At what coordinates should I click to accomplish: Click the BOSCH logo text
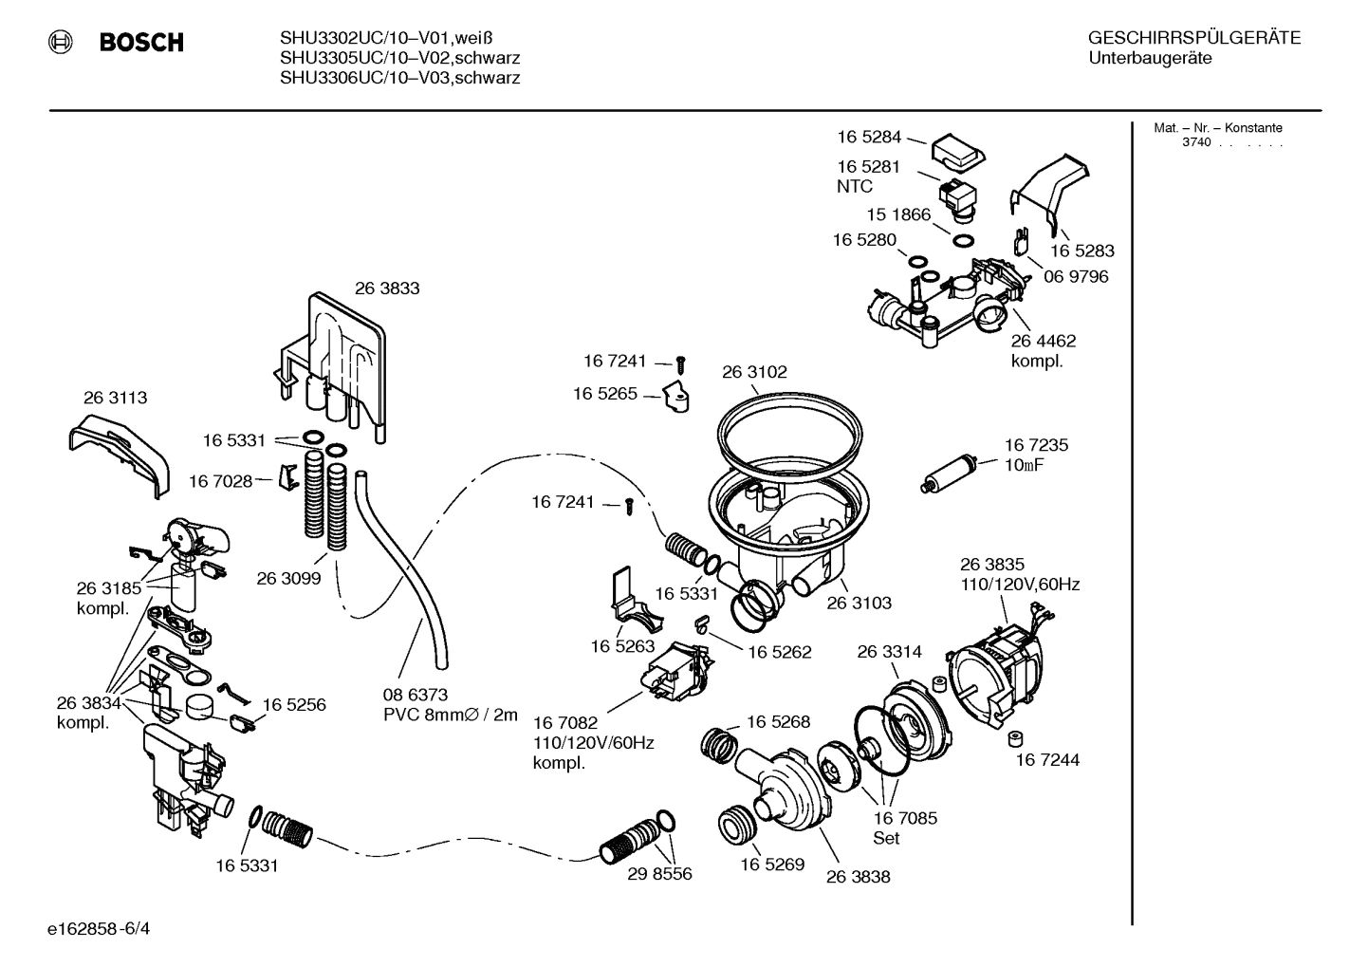point(140,43)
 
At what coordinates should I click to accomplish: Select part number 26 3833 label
point(387,288)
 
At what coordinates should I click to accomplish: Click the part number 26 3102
point(754,372)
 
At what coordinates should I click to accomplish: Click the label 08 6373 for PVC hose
point(416,696)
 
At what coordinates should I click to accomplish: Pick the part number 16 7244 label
point(1047,760)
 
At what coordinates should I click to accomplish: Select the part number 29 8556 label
point(659,874)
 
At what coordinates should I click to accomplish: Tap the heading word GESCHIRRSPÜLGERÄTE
point(1193,39)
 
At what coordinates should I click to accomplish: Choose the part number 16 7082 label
point(565,723)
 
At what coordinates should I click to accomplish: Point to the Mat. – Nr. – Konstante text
point(1217,128)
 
